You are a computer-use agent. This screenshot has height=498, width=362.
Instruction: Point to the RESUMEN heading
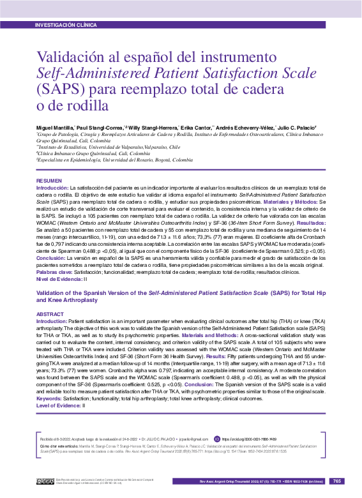click(x=49, y=181)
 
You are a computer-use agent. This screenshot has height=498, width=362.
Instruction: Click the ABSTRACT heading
click(x=50, y=314)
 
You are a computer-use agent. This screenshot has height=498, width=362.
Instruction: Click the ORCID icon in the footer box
click(x=216, y=439)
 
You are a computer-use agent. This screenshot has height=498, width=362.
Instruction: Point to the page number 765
click(x=338, y=481)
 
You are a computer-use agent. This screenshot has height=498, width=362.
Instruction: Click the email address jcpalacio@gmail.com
click(x=193, y=439)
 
